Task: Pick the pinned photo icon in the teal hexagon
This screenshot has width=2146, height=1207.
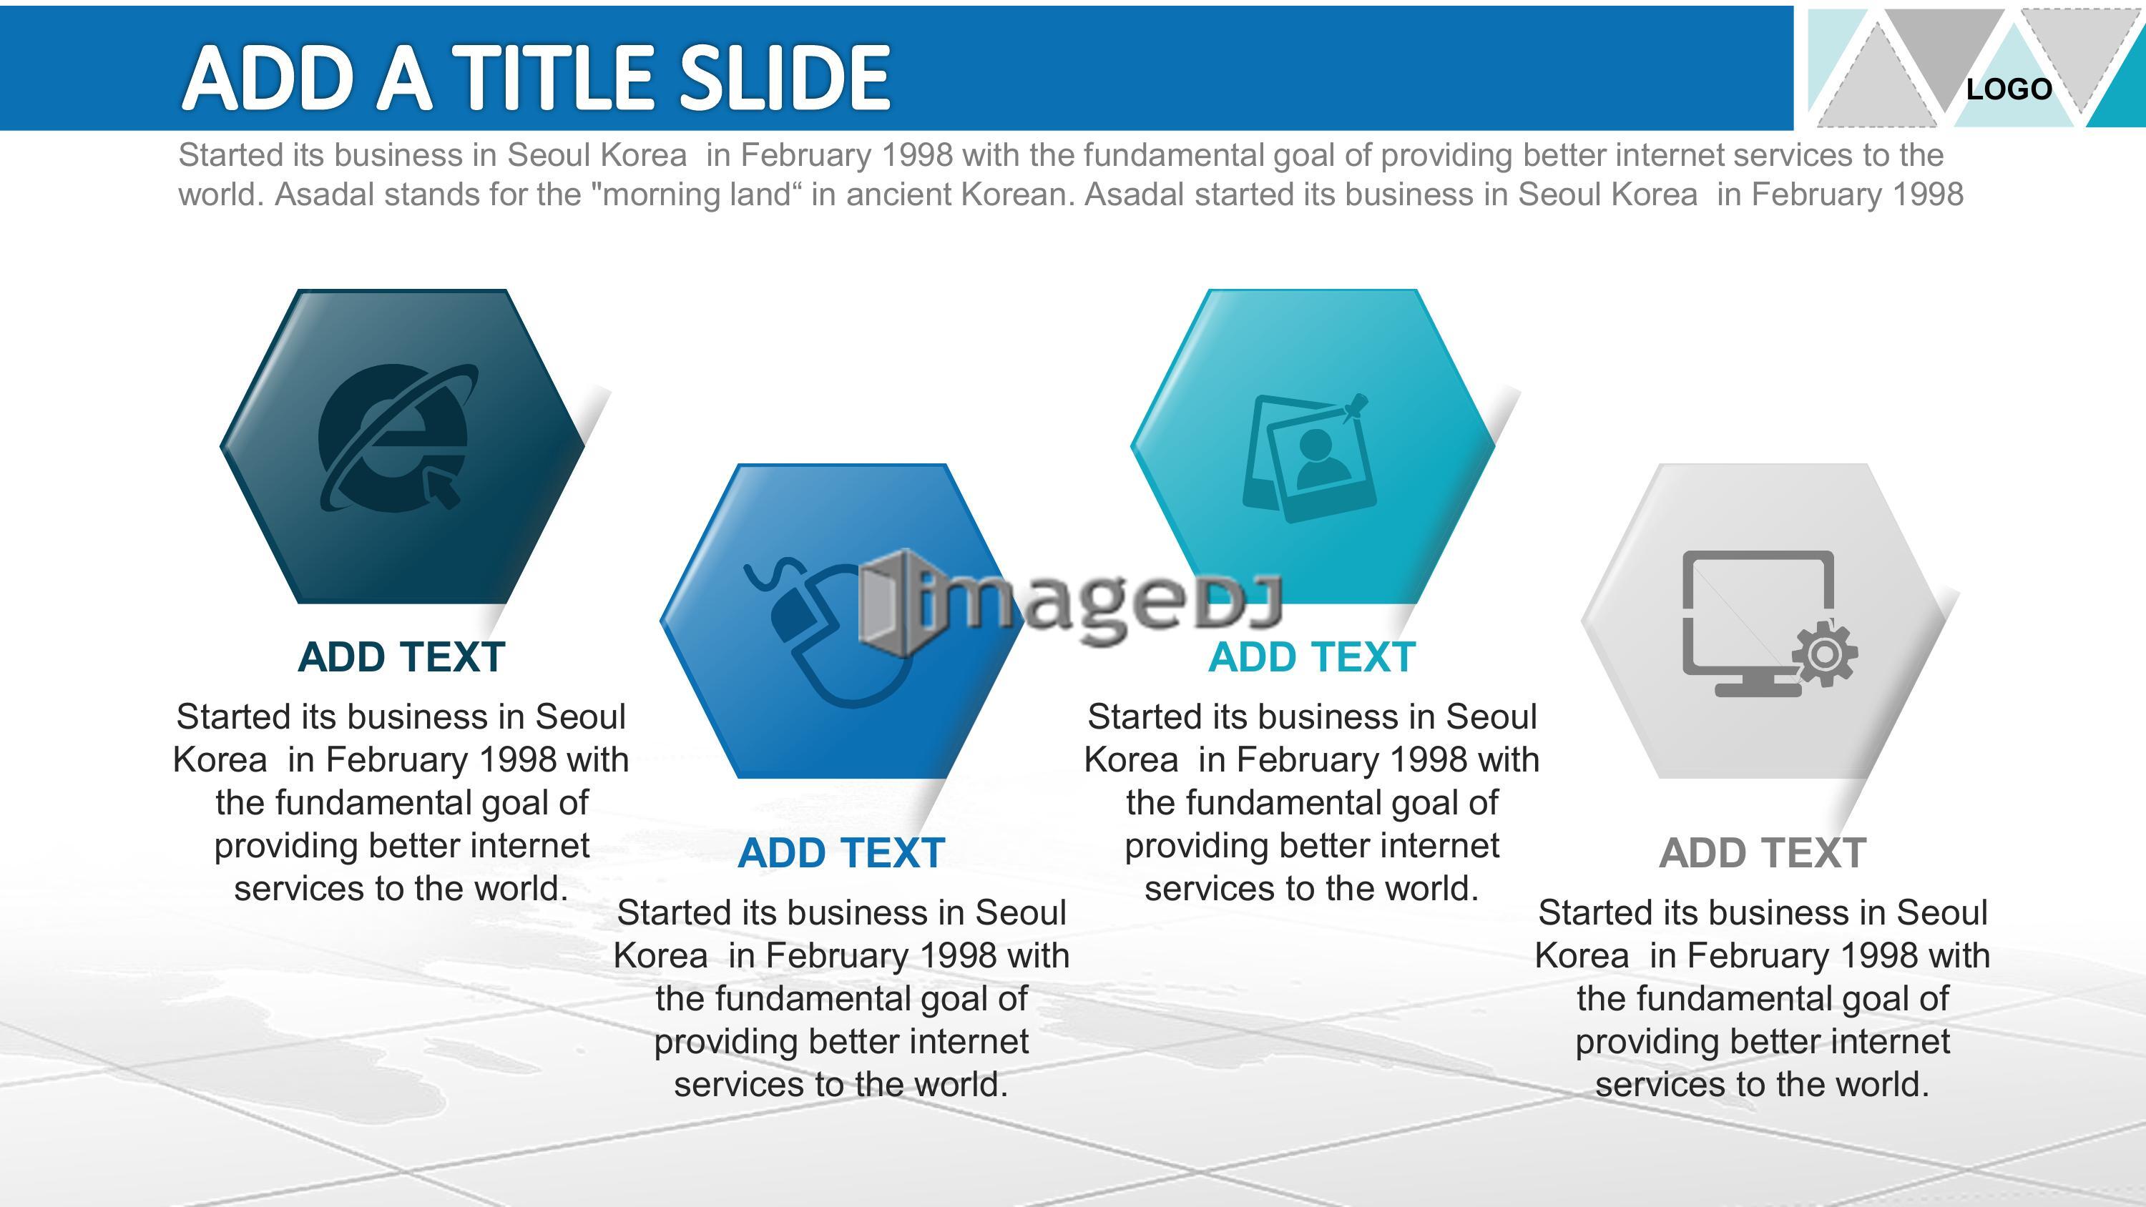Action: point(1308,458)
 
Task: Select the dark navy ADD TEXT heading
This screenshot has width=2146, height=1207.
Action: point(401,657)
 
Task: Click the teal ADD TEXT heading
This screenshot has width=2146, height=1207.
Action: point(1312,657)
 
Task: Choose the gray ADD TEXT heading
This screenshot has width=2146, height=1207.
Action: point(1763,853)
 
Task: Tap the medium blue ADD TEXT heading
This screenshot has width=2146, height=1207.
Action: point(841,853)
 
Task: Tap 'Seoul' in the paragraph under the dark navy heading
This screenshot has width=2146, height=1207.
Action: point(580,717)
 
